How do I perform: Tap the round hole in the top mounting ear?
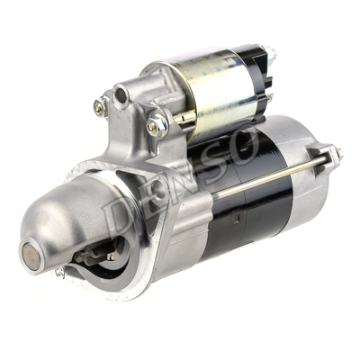(x=121, y=93)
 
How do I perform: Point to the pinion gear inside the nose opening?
(x=94, y=256)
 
